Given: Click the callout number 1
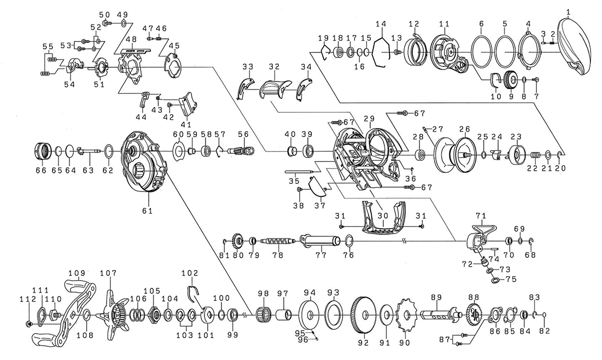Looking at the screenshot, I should [x=568, y=11].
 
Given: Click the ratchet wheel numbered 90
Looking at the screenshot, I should [x=405, y=316].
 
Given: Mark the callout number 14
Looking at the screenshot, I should [x=381, y=24].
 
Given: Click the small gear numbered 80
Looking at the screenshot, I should [x=238, y=240].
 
